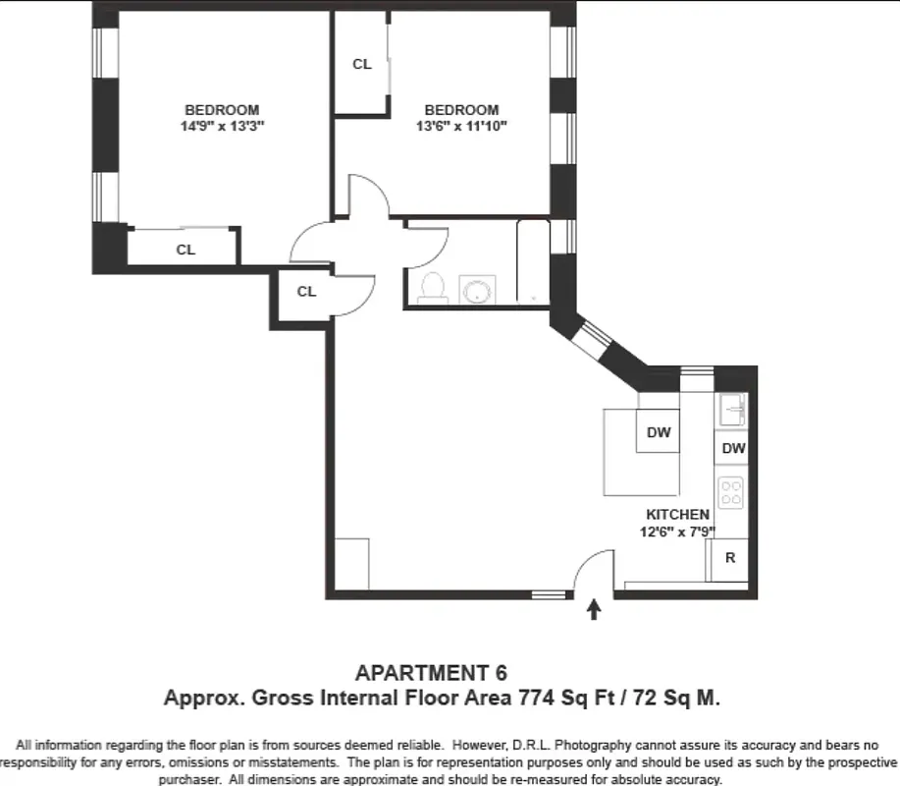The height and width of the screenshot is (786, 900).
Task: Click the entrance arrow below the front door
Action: (x=593, y=610)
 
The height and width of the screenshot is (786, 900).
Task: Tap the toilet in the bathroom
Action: (x=432, y=286)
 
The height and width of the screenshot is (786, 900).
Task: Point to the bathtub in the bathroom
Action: (x=533, y=262)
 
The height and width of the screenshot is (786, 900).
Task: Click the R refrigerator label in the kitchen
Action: (x=729, y=557)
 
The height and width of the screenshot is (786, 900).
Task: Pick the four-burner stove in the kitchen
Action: (x=731, y=491)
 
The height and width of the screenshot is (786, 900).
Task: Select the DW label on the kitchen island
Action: (x=658, y=431)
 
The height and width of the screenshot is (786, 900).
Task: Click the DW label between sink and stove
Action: (x=733, y=448)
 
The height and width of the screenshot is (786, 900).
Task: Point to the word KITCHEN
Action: (x=677, y=515)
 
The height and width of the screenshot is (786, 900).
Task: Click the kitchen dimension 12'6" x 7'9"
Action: (x=677, y=532)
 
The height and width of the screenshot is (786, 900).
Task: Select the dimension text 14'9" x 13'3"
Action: (x=222, y=127)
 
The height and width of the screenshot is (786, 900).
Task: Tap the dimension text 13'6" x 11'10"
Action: (x=461, y=127)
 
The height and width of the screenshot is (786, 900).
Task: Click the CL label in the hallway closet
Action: (x=306, y=291)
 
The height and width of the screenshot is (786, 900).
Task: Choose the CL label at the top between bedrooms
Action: (x=362, y=64)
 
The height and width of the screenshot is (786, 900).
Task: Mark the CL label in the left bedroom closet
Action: (x=185, y=250)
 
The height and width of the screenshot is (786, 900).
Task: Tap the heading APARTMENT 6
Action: (x=431, y=673)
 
